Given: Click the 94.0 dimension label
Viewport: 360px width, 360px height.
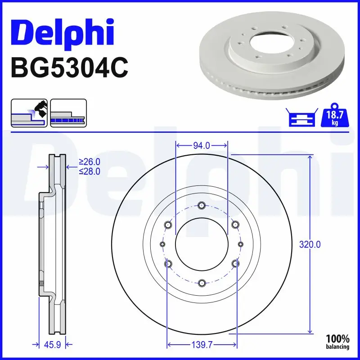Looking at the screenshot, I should (x=201, y=145).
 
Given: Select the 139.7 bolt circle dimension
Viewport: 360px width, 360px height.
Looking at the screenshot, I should (x=202, y=345).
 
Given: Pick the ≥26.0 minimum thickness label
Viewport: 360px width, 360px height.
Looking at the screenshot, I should (x=89, y=162).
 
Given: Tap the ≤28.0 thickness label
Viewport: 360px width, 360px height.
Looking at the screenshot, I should (x=89, y=171).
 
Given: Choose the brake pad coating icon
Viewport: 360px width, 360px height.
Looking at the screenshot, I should (x=29, y=113).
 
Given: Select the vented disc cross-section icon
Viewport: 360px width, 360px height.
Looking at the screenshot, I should (x=68, y=113).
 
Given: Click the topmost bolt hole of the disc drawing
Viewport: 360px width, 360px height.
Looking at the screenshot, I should (x=202, y=206).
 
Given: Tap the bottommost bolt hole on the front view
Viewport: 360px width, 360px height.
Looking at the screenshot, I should (x=202, y=283).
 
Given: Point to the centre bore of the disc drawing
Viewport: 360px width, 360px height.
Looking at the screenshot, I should (x=202, y=244).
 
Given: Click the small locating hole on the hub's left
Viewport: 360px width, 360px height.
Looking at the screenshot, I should (x=163, y=244).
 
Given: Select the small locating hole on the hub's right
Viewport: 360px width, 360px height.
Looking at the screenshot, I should (x=240, y=244).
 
